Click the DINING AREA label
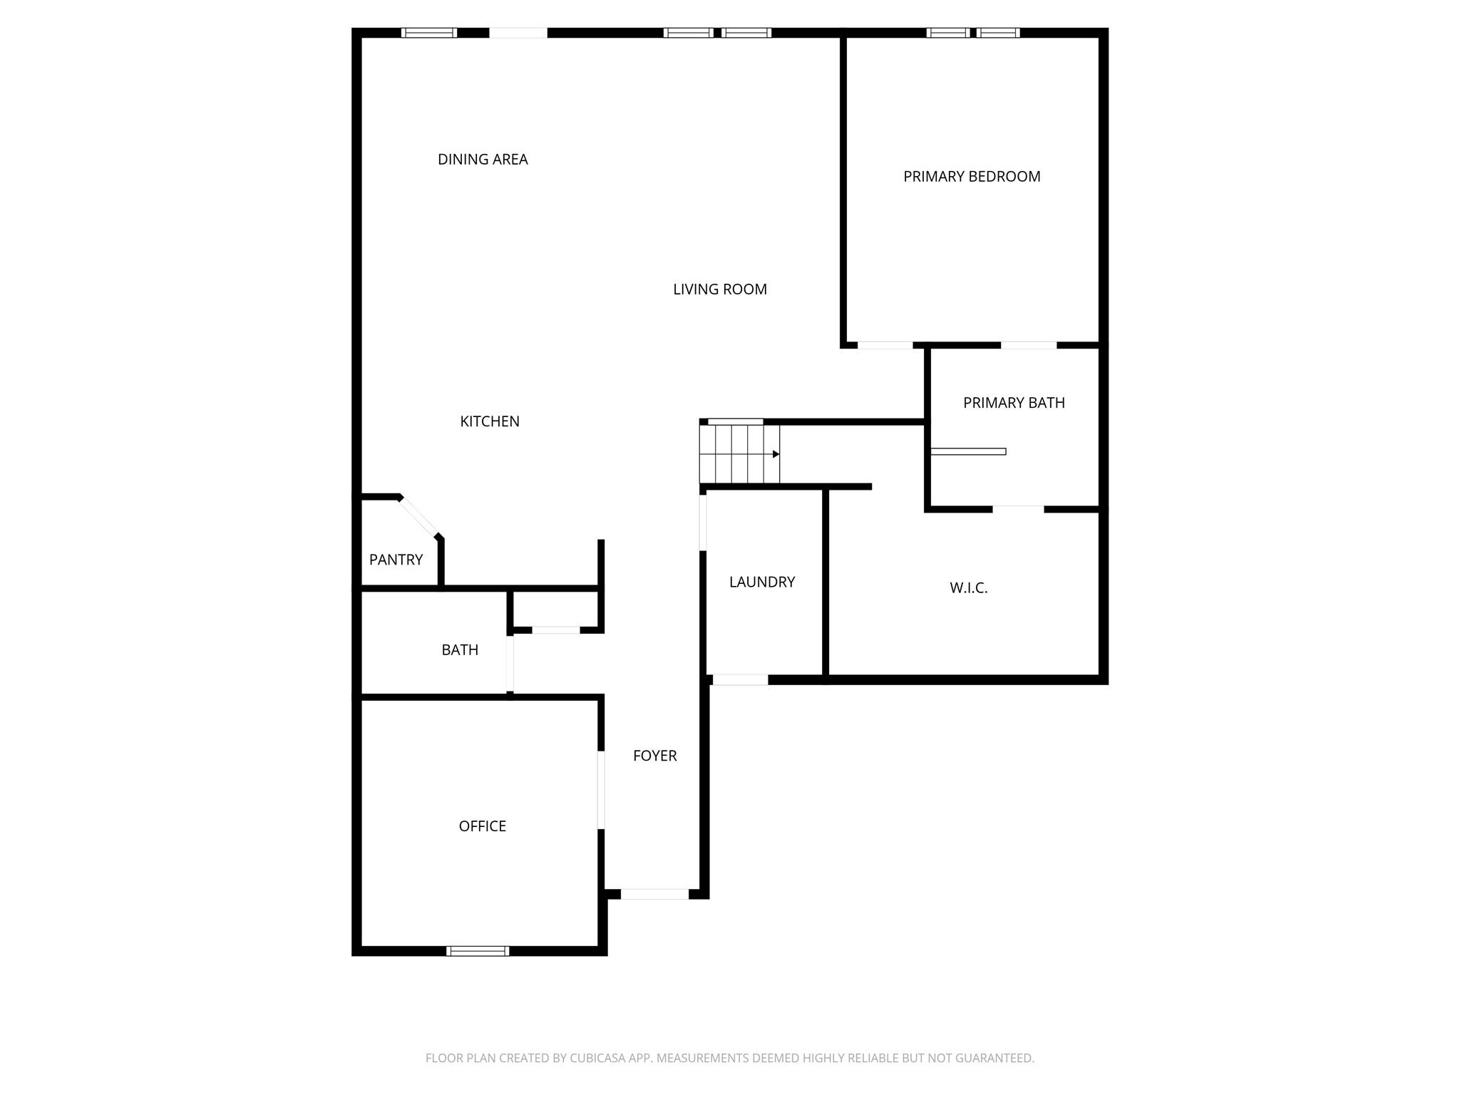483,160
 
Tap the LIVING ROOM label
720,289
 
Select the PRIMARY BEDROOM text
972,177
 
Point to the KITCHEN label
490,421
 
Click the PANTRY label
396,560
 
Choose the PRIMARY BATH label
1014,403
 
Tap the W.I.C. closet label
969,588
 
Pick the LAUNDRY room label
762,582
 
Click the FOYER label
655,756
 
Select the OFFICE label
483,826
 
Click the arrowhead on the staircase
776,454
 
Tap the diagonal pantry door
419,516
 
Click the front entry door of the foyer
654,894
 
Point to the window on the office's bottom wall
478,950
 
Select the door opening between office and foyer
601,790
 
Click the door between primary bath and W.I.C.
1018,509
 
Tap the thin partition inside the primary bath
968,451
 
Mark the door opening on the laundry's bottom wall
740,680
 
